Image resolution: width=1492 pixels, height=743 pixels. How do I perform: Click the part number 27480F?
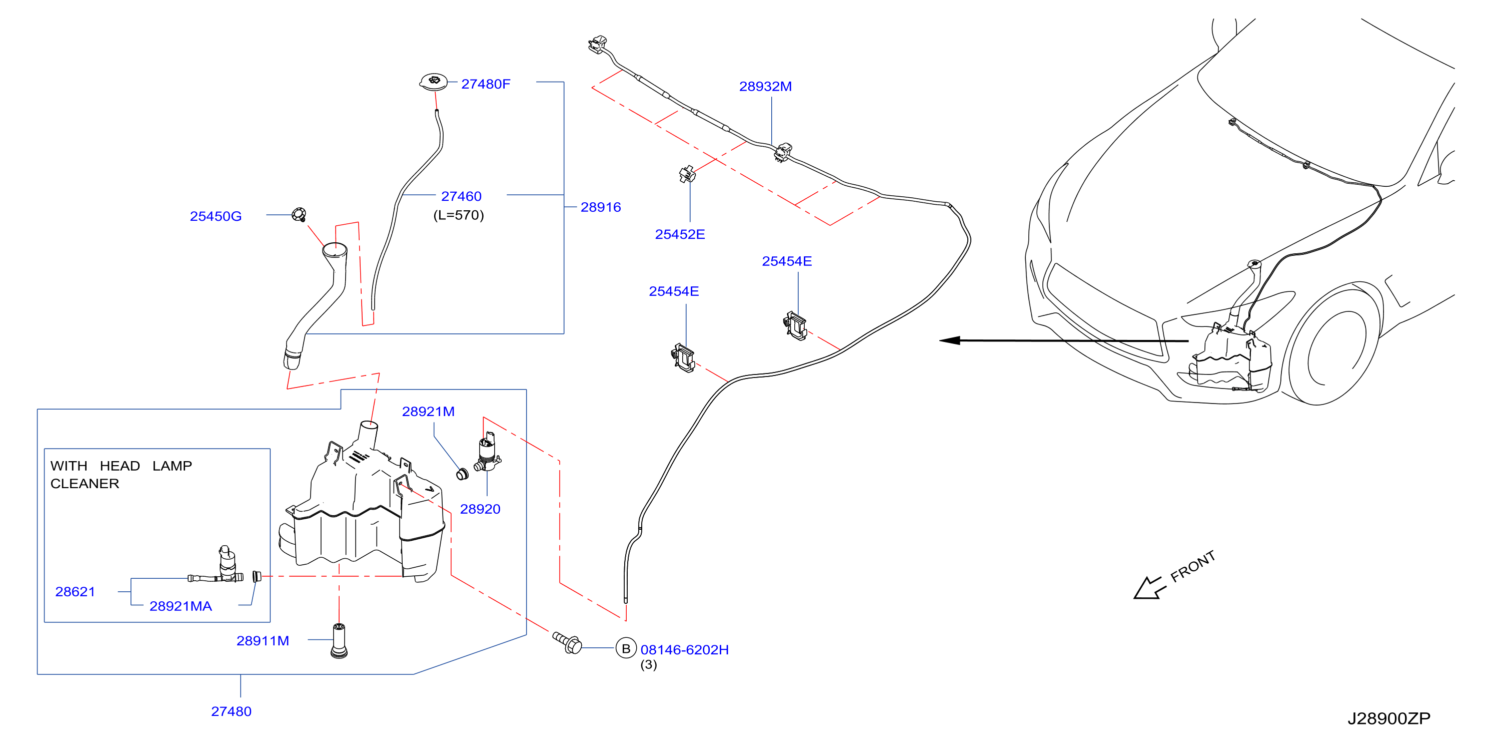485,84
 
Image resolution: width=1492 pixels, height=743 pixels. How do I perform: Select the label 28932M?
765,86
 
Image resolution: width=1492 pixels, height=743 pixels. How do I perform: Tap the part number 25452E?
680,234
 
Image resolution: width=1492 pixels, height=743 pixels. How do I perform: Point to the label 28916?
601,207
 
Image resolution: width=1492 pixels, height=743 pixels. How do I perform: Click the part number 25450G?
216,216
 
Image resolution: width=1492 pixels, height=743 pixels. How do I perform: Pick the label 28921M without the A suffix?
428,412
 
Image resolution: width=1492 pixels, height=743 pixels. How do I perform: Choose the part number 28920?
480,509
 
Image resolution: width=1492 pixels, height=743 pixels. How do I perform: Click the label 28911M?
263,640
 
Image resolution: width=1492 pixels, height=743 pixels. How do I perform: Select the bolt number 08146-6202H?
685,650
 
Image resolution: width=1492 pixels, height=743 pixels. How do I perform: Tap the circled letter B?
626,648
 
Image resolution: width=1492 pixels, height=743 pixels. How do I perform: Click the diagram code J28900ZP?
1389,718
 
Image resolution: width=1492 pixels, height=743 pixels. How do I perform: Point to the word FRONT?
1192,566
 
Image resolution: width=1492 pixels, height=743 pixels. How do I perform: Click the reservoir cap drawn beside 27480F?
433,82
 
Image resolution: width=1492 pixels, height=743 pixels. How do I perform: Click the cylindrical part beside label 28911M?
339,640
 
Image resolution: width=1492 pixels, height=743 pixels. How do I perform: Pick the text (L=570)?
459,215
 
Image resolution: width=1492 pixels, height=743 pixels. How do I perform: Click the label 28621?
75,592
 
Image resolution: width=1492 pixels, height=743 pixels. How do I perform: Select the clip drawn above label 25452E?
687,174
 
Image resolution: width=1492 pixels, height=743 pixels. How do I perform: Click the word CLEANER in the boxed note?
85,483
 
